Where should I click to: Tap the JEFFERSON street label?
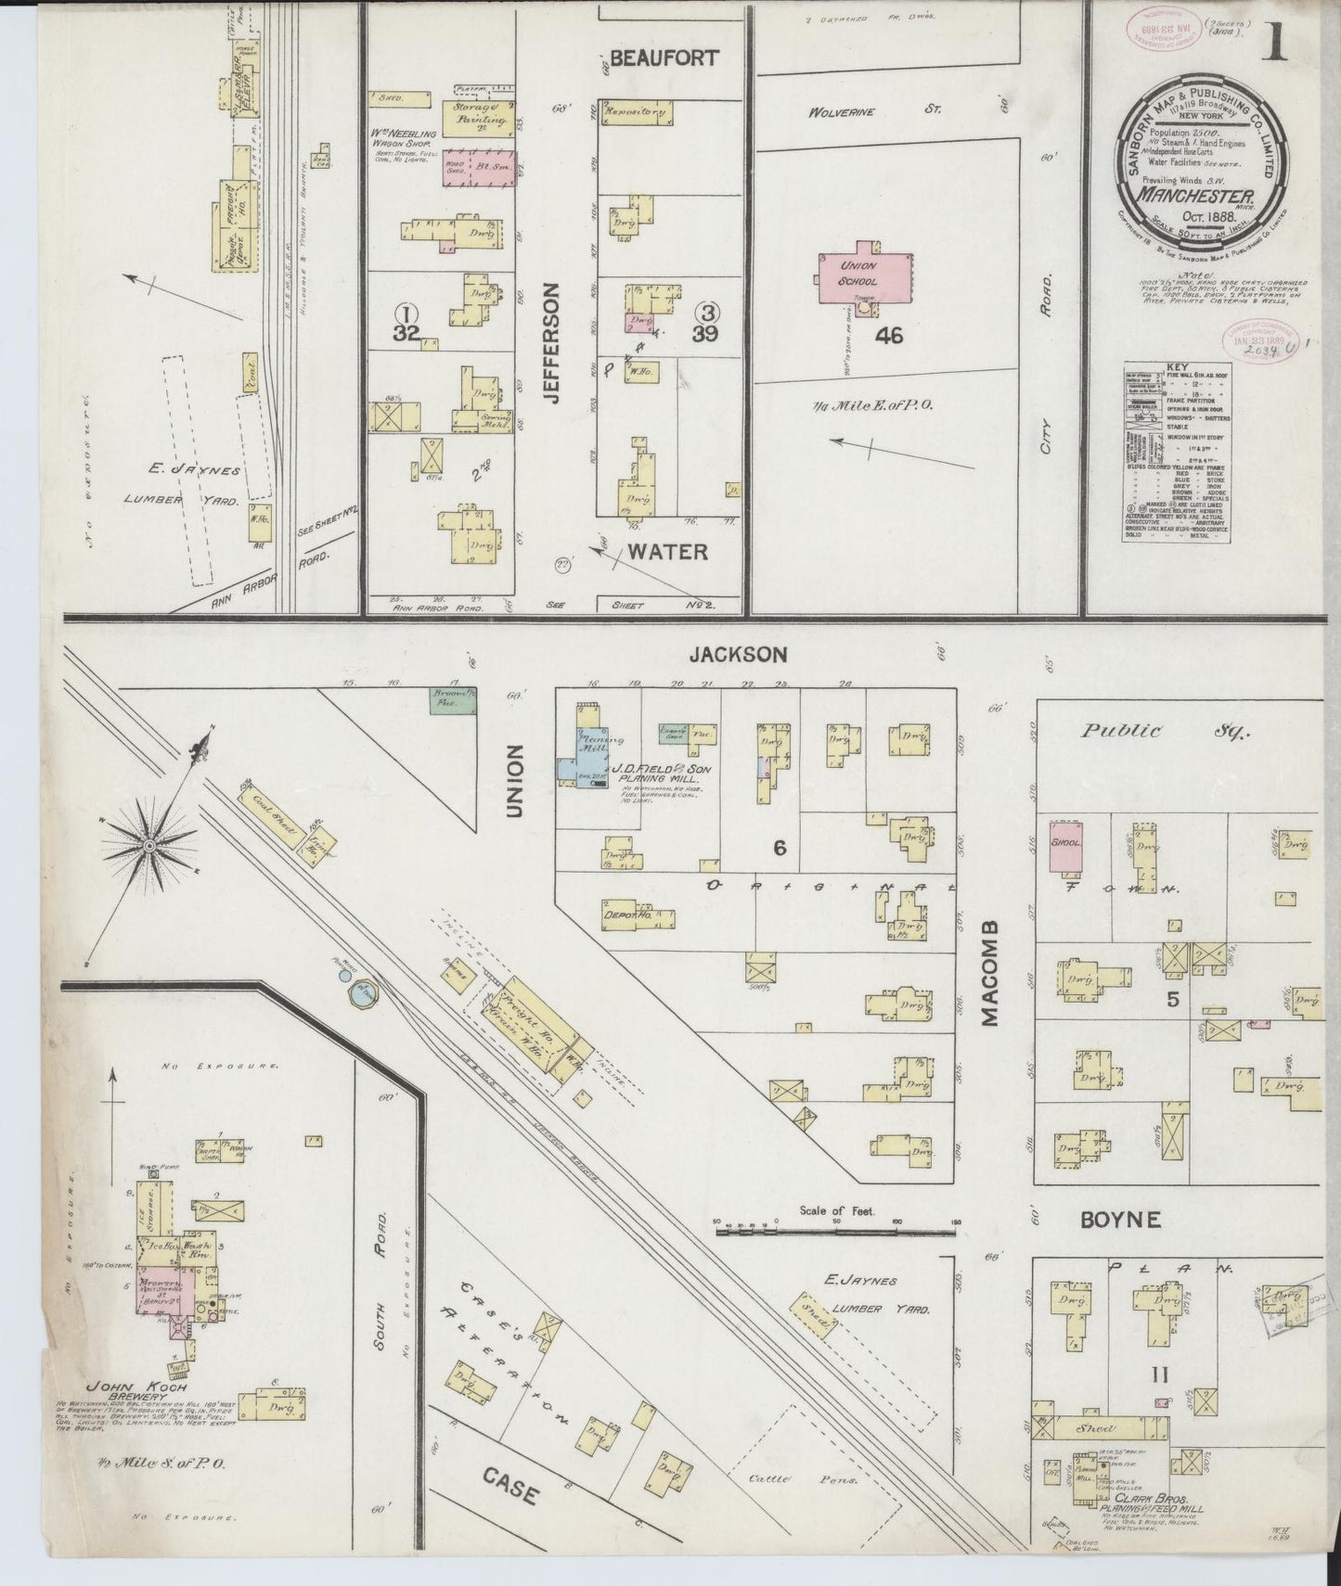(553, 343)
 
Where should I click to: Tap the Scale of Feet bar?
(835, 1233)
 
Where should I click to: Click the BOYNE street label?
(1120, 1219)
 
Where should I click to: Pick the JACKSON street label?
(737, 655)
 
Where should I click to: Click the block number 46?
(888, 336)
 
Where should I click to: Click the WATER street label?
(667, 552)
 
